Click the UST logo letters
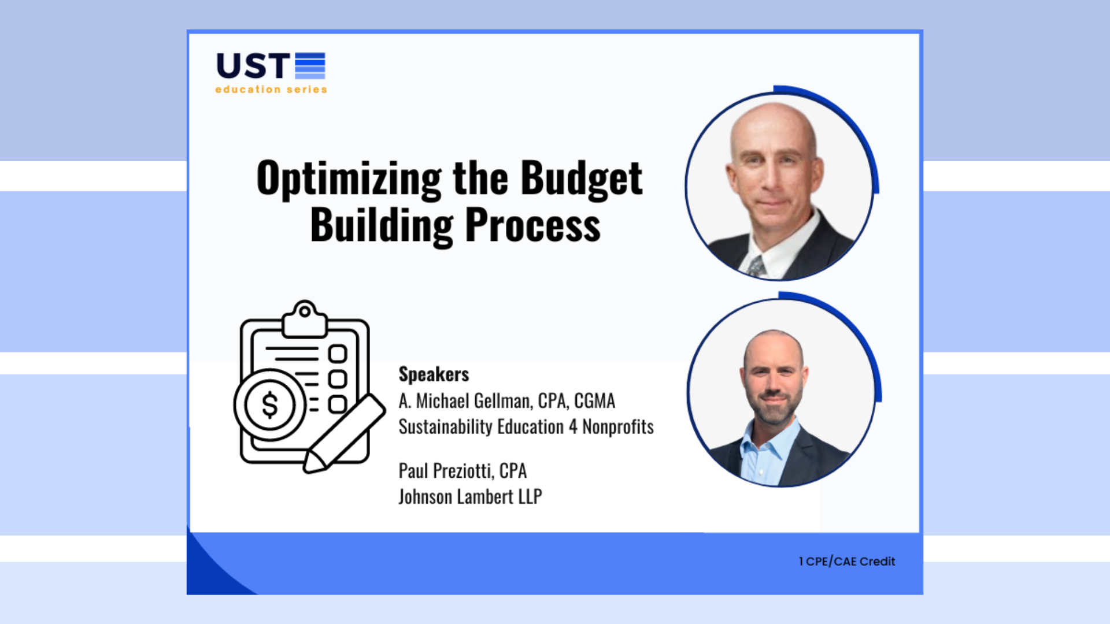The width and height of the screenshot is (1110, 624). [x=253, y=66]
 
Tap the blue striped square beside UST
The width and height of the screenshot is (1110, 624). [x=310, y=65]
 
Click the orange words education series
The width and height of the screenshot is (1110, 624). [x=271, y=90]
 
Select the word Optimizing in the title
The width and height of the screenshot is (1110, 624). [x=349, y=180]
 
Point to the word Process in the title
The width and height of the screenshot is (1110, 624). [x=532, y=226]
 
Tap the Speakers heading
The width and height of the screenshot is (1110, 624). [x=434, y=374]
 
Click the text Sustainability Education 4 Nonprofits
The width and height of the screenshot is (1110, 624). [x=526, y=427]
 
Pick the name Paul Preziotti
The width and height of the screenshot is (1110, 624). [x=446, y=471]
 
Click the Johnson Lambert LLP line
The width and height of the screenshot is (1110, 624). [x=470, y=497]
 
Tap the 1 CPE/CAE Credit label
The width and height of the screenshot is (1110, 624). [x=847, y=562]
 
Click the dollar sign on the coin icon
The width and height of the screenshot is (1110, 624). [x=269, y=405]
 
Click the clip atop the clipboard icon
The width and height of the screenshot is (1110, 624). [x=305, y=318]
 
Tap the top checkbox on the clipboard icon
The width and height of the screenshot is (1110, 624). [x=337, y=354]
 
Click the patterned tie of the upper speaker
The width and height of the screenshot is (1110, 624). [x=756, y=266]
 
